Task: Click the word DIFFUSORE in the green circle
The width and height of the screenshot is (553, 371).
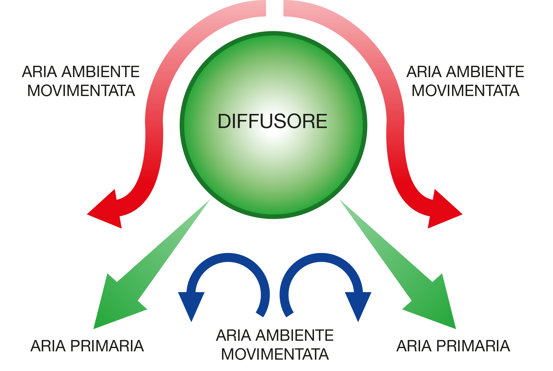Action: coord(272,121)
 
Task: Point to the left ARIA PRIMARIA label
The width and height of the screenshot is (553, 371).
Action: coord(87,346)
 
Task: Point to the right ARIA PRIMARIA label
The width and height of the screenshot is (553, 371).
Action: coord(453,346)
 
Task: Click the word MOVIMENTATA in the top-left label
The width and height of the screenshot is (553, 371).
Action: coord(81,91)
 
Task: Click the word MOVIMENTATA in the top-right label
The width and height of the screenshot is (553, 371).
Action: coord(465,91)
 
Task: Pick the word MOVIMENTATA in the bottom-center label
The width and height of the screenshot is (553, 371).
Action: coord(275,354)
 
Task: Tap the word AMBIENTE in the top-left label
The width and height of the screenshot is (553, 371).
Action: coord(100,72)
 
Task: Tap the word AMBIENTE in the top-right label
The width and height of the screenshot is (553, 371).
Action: coord(485,72)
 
